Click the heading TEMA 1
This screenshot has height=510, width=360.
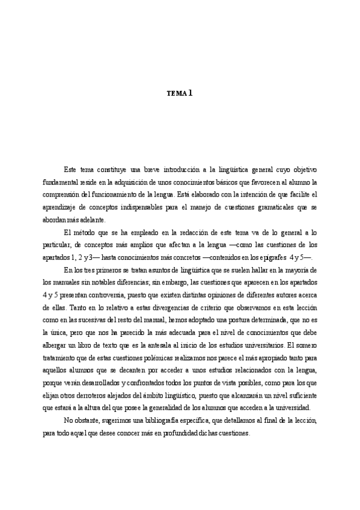point(180,93)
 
